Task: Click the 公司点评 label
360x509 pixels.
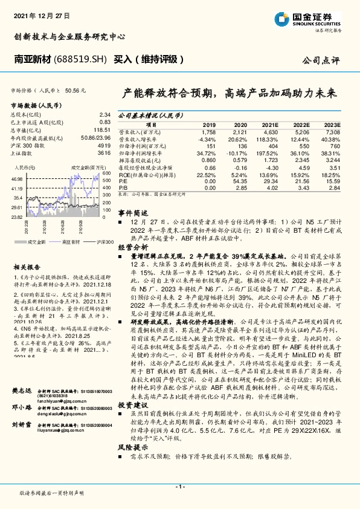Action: tap(323, 60)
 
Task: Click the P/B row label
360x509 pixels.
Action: tap(122, 187)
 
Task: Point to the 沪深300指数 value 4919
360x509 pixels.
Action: tap(104, 146)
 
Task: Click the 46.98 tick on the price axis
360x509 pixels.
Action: tap(17, 180)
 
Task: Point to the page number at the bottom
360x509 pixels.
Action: tap(179, 485)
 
